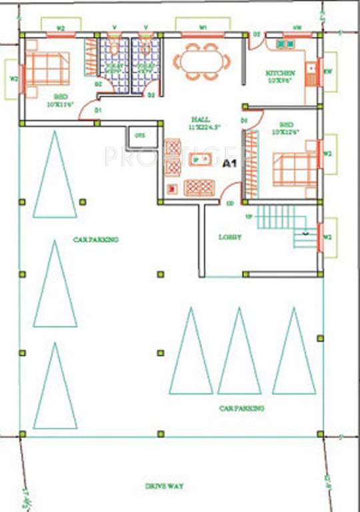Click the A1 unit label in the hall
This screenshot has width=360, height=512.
coord(229,163)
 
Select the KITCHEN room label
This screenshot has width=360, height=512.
coord(281,73)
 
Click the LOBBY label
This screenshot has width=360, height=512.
coord(229,237)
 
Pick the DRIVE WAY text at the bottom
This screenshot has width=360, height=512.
coord(165,486)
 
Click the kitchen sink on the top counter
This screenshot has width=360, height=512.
coord(286,44)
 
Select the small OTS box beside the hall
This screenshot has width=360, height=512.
coord(139,136)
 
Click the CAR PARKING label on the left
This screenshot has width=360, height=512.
coord(96,239)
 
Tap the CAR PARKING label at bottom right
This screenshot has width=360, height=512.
coord(241,407)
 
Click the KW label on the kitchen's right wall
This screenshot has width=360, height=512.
coord(327,71)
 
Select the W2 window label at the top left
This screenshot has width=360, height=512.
coord(61,29)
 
